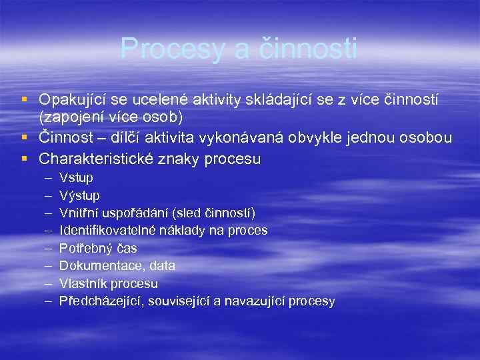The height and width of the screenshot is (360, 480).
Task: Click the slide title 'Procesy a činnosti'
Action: click(x=239, y=49)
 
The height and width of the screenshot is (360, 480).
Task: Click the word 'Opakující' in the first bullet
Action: click(x=69, y=100)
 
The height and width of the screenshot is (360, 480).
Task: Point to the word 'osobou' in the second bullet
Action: click(x=429, y=138)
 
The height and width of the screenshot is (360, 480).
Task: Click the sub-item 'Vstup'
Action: click(x=76, y=178)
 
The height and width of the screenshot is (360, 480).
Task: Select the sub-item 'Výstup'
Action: click(x=79, y=195)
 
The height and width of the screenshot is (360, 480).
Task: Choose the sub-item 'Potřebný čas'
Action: click(x=98, y=248)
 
